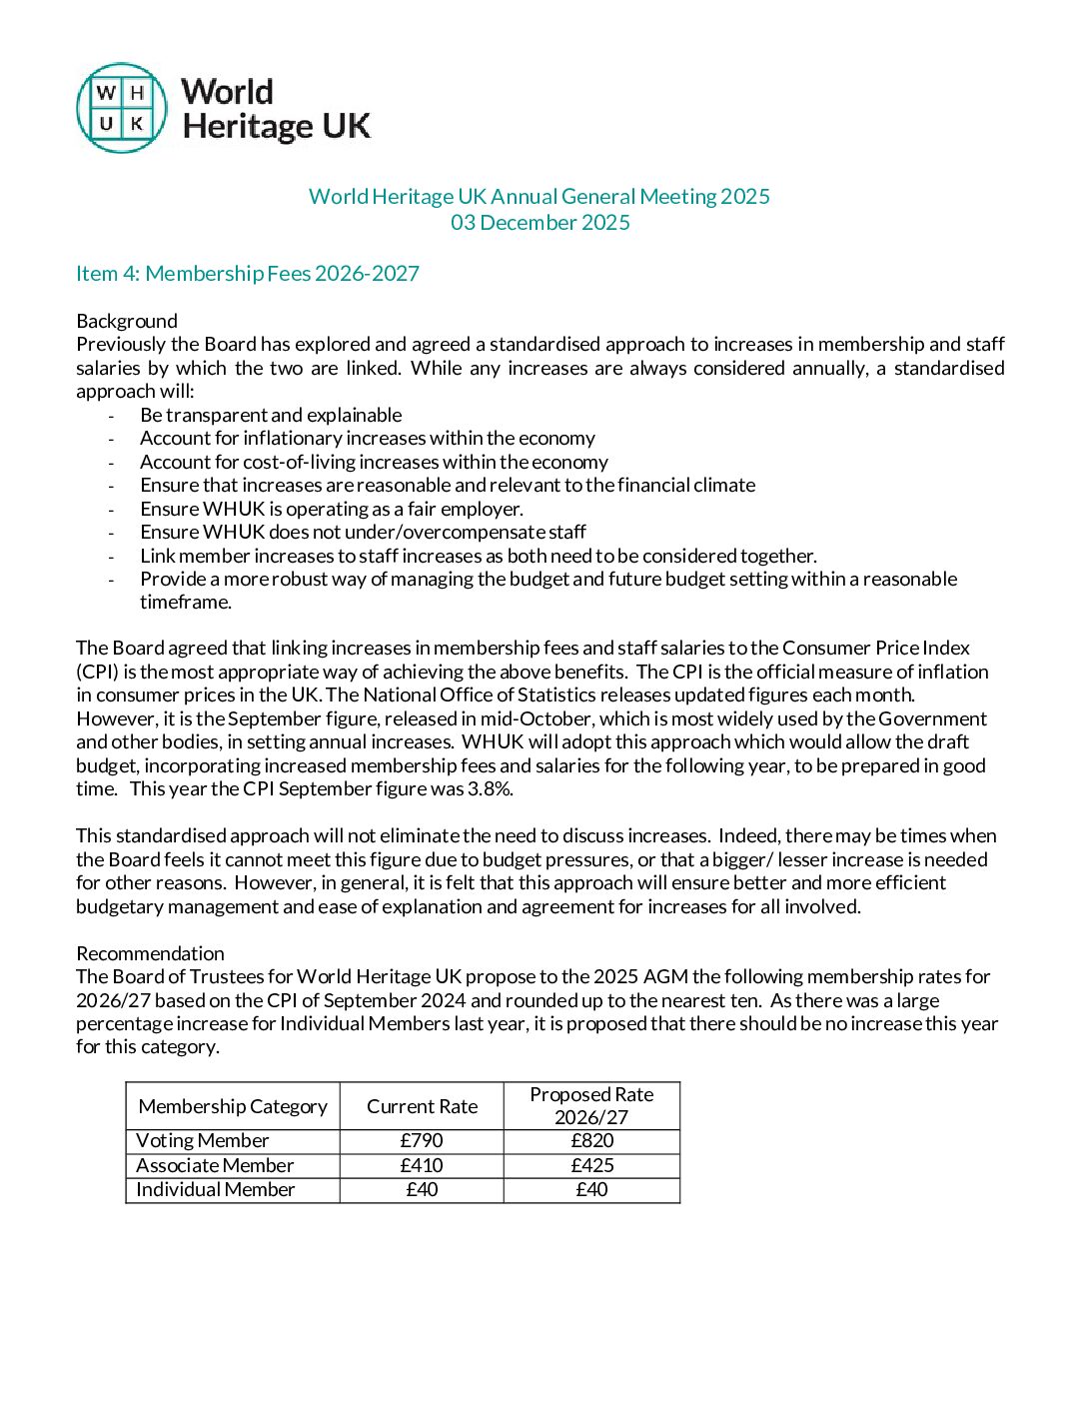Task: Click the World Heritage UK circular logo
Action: pyautogui.click(x=122, y=108)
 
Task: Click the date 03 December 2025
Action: pyautogui.click(x=540, y=222)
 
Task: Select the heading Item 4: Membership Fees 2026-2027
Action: pyautogui.click(x=248, y=273)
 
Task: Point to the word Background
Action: pyautogui.click(x=127, y=321)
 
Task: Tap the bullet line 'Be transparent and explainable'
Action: pyautogui.click(x=271, y=415)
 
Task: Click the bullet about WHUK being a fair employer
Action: pyautogui.click(x=332, y=509)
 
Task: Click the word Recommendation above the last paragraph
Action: pyautogui.click(x=150, y=953)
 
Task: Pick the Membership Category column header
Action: pyautogui.click(x=233, y=1106)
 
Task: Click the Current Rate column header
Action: pyautogui.click(x=422, y=1106)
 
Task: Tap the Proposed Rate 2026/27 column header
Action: pyautogui.click(x=591, y=1106)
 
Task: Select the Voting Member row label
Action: pyautogui.click(x=203, y=1140)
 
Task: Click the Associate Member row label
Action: pyautogui.click(x=215, y=1165)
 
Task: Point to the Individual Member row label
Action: pyautogui.click(x=216, y=1189)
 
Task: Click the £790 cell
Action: pyautogui.click(x=422, y=1140)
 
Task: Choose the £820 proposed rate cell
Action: pyautogui.click(x=591, y=1140)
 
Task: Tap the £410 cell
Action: pyautogui.click(x=422, y=1165)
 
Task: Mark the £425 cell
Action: pyautogui.click(x=591, y=1165)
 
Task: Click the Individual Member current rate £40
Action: pyautogui.click(x=422, y=1189)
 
